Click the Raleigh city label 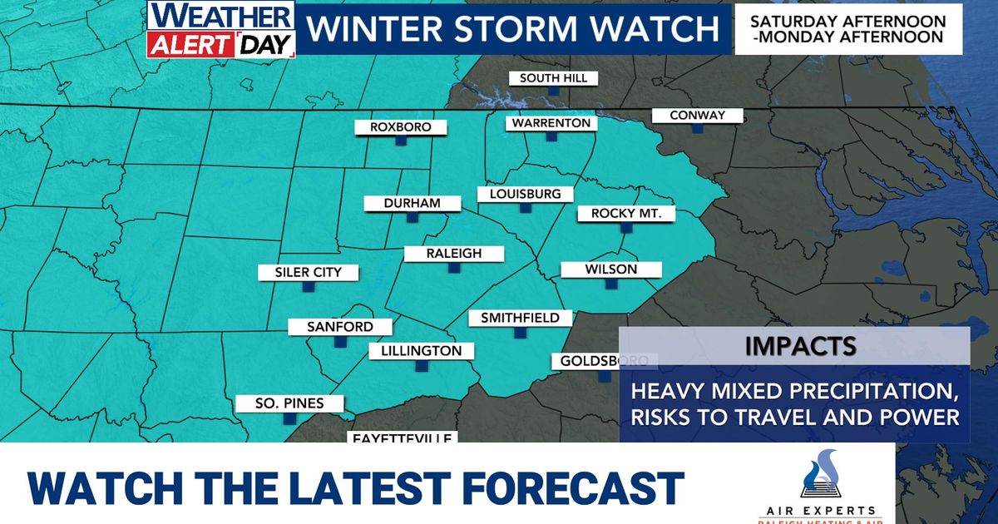[454, 254]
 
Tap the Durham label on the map [412, 203]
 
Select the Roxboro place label [401, 128]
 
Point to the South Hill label [553, 78]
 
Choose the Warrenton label [551, 123]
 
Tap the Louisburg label [525, 194]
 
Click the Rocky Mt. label [626, 214]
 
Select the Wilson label [610, 269]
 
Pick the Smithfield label [520, 318]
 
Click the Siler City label [308, 272]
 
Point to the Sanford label [339, 327]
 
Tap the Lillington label [421, 351]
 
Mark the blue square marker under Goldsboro [605, 376]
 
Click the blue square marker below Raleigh [454, 268]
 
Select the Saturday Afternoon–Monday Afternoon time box [848, 29]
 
